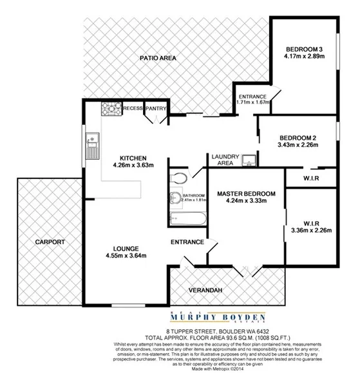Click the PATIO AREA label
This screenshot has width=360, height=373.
click(158, 59)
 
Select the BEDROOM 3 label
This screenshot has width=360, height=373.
click(303, 50)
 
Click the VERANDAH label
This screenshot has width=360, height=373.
click(207, 291)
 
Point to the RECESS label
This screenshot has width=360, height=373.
click(132, 109)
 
